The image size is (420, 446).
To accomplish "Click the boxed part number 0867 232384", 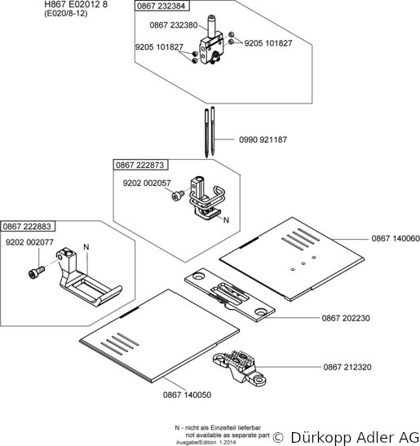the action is coord(161,6).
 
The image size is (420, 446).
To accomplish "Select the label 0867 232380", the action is coord(174,25).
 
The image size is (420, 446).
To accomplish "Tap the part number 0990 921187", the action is coord(263,139).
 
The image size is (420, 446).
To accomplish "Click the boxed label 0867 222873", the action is coord(140,165).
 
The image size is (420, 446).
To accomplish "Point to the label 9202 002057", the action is coord(147,183).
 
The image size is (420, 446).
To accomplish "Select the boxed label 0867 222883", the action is coord(27,227).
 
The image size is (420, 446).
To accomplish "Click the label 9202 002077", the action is coord(29,242).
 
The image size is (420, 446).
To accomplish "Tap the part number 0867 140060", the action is coord(396,238).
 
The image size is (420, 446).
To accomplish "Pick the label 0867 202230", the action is coord(346,318).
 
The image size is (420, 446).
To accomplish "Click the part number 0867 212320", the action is coord(347,367).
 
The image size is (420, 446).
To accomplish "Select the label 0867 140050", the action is coord(187,395).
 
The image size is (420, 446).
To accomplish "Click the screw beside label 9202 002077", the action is coord(37,272).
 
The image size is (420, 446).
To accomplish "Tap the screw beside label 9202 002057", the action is coord(179,195).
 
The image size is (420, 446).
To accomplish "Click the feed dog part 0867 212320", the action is coord(240,366).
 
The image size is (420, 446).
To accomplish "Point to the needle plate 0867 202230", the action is coord(230,294).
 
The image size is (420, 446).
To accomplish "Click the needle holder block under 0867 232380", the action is coord(212,48).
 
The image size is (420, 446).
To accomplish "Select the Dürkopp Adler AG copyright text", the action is coord(346,437).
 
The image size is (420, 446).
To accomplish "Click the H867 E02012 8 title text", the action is coord(76,5).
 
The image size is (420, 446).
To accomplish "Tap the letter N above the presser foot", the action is coord(86,247).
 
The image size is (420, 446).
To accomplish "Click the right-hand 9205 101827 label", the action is coord(268,43).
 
